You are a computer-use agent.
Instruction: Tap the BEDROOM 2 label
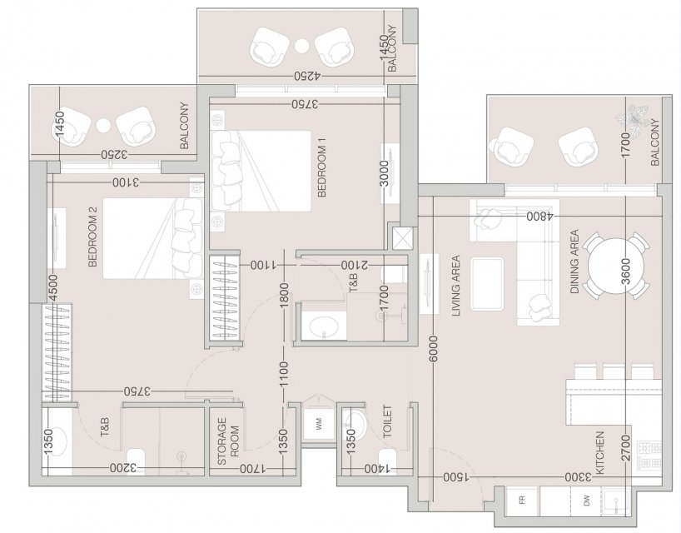[92, 237]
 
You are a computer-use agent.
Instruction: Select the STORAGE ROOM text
[228, 441]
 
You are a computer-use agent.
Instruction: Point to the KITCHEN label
[600, 453]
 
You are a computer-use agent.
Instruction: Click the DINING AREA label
[574, 262]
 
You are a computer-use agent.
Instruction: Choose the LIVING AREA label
[455, 286]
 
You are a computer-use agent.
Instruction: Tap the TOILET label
[387, 421]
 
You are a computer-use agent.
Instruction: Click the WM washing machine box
[319, 424]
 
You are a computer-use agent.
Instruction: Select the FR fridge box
[523, 501]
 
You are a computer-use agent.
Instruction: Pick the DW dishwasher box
[586, 501]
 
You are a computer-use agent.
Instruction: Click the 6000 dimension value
[434, 349]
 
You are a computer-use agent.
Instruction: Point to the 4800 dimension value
[539, 217]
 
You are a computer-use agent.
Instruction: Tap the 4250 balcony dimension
[307, 76]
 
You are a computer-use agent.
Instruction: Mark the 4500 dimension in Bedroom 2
[53, 288]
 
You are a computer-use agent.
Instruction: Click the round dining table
[615, 266]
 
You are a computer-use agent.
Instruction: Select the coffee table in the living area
[487, 284]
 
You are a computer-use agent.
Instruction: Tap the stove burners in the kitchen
[649, 455]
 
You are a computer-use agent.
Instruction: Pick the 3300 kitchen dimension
[578, 478]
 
